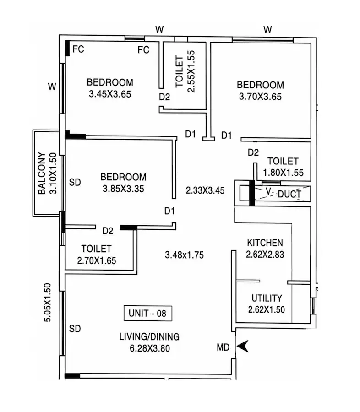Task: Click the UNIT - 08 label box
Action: tap(148, 313)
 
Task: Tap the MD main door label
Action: tap(223, 347)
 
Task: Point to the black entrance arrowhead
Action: tap(243, 347)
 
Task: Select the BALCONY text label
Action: tap(42, 173)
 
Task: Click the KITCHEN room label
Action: tap(265, 243)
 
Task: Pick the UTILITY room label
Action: tap(267, 298)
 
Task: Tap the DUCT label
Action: tap(289, 194)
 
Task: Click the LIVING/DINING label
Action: tap(149, 336)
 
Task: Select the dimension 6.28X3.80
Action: tap(150, 348)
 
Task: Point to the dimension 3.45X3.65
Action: tap(110, 94)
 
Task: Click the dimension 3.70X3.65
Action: tap(260, 97)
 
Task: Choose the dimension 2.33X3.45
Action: tap(205, 190)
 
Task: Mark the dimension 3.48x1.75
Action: tap(184, 255)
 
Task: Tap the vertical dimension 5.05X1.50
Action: tap(48, 303)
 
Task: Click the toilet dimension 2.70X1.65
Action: tap(97, 260)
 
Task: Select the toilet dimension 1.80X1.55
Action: tap(283, 173)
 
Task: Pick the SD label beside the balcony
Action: tap(75, 182)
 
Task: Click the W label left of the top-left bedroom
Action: tap(52, 87)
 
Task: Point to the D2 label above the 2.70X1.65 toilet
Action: tap(108, 231)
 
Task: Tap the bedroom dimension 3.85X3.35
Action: tap(123, 189)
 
